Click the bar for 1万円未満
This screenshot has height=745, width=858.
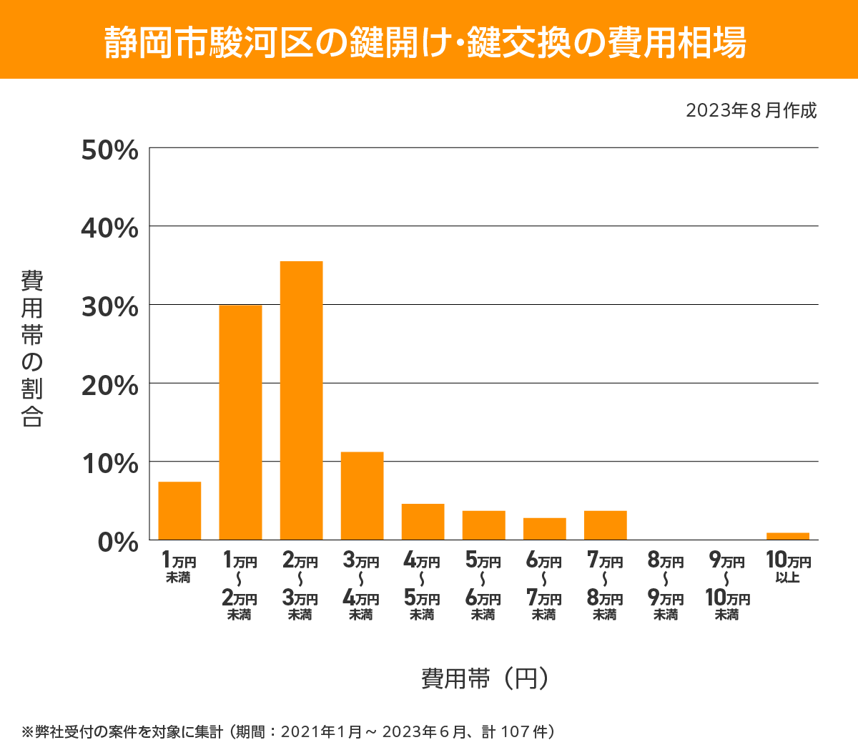[x=179, y=510]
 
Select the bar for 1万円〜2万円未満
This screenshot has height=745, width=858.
[x=240, y=422]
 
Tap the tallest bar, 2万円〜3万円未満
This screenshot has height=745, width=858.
[x=301, y=401]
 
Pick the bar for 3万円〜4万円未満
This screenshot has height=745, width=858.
[x=362, y=495]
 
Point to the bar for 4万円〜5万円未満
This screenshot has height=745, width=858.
[x=423, y=522]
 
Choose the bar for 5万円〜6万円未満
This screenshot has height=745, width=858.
[x=483, y=525]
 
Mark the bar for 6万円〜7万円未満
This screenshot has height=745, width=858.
[x=544, y=529]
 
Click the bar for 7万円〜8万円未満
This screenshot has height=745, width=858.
[x=605, y=525]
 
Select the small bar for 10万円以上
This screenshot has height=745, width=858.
[x=787, y=536]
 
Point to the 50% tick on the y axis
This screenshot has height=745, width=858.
[x=109, y=150]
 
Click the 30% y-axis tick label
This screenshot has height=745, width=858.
[x=109, y=307]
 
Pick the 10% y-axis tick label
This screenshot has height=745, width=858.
[x=109, y=464]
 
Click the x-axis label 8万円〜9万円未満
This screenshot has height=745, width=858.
[x=666, y=586]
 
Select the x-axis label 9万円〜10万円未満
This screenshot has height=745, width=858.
[x=726, y=586]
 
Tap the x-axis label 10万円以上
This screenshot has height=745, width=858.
[x=788, y=567]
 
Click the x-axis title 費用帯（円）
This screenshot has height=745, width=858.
[x=484, y=678]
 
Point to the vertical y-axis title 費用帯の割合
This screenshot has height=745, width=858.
[x=32, y=348]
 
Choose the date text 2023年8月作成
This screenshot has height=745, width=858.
[x=751, y=110]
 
